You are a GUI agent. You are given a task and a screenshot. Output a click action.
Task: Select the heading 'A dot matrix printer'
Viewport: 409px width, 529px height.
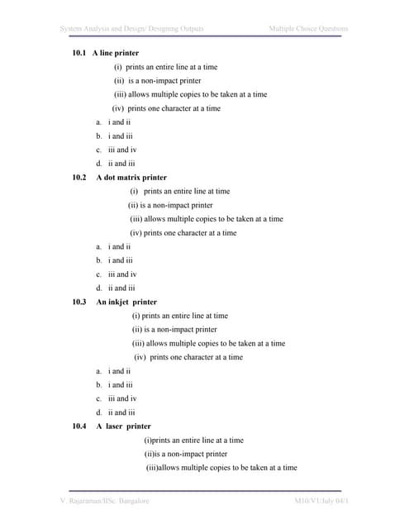pos(131,178)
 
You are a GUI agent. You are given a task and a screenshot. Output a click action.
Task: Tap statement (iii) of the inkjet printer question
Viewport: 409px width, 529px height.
pos(208,343)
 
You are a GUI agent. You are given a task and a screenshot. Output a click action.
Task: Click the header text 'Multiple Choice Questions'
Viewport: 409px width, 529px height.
pos(308,30)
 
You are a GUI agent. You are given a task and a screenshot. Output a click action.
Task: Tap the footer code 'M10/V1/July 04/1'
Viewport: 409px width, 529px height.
pos(321,502)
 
